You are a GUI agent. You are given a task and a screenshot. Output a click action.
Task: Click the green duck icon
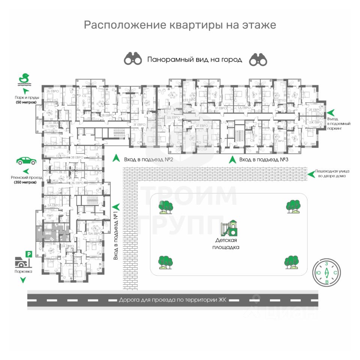pyautogui.click(x=25, y=79)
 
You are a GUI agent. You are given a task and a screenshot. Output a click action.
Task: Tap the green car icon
pyautogui.click(x=26, y=161)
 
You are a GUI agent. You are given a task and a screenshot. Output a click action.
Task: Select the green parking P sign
pyautogui.click(x=28, y=255)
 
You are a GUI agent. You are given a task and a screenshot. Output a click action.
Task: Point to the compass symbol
pyautogui.click(x=327, y=272)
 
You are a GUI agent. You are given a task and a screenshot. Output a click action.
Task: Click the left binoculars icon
pyautogui.click(x=133, y=59)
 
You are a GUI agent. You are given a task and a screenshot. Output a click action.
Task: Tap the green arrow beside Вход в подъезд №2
pyautogui.click(x=116, y=159)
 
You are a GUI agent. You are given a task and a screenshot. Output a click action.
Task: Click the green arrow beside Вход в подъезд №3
pyautogui.click(x=232, y=159)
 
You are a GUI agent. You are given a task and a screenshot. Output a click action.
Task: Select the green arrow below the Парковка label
pyautogui.click(x=23, y=280)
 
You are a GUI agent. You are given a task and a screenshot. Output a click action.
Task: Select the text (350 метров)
pyautogui.click(x=26, y=182)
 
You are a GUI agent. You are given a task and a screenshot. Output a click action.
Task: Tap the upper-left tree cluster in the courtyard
pyautogui.click(x=165, y=207)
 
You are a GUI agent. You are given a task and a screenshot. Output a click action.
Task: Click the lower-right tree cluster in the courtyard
pyautogui.click(x=291, y=262)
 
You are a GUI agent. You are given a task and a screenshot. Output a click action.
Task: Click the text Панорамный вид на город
pyautogui.click(x=195, y=60)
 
